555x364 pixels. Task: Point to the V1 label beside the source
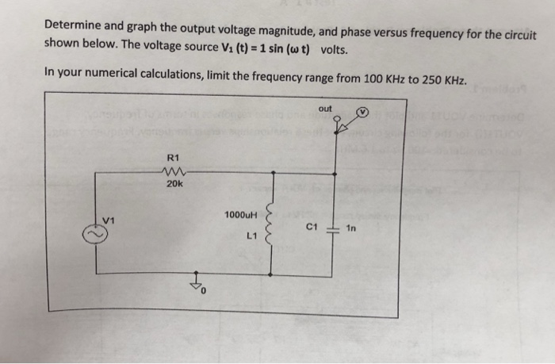(x=109, y=219)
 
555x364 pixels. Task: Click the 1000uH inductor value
(x=240, y=215)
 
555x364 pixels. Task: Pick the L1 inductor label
(x=252, y=235)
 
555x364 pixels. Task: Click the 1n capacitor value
(x=352, y=228)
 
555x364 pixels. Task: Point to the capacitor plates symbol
(x=332, y=228)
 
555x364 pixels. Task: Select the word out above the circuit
(x=326, y=107)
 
